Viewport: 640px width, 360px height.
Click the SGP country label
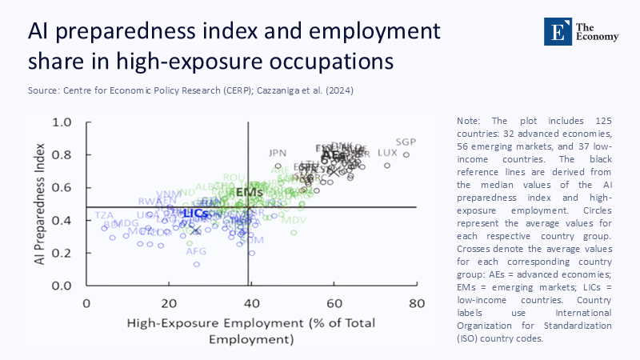(x=406, y=142)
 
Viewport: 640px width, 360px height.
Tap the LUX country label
(x=387, y=152)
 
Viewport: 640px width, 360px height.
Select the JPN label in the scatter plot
(x=278, y=152)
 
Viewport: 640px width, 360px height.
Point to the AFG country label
(x=196, y=251)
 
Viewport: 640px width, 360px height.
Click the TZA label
(x=104, y=215)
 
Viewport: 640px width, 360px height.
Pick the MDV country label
(x=294, y=219)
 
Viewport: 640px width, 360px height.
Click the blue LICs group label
(x=195, y=214)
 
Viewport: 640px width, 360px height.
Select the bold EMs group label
(x=250, y=193)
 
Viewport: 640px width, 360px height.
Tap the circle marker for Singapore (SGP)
(x=406, y=155)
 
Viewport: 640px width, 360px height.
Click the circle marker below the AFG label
(x=196, y=264)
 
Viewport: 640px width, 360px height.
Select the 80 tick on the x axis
(x=416, y=303)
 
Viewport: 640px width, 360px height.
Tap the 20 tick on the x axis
(x=169, y=303)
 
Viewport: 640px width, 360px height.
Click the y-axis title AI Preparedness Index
(x=38, y=204)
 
